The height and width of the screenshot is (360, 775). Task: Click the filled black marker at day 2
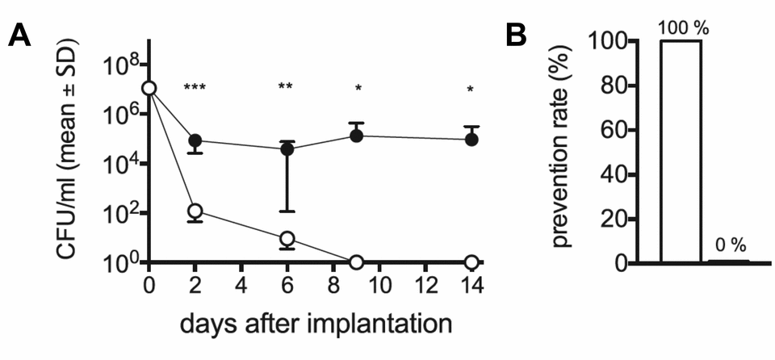195,141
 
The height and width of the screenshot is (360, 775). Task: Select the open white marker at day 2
195,211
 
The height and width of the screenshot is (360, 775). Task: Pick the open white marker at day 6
287,238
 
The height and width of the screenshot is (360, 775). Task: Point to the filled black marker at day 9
356,136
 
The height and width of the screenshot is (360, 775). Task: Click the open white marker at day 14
471,262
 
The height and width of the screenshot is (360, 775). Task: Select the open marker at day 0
149,89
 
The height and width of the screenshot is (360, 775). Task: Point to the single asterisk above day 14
471,90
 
